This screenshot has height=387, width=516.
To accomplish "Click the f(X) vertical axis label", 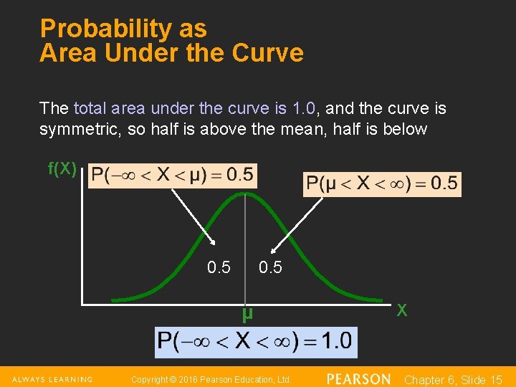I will [x=62, y=169].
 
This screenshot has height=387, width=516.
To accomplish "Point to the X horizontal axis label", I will [x=402, y=310].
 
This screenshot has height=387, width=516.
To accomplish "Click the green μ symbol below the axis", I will [x=247, y=314].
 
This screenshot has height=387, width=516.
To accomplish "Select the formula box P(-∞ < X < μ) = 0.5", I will [x=173, y=175].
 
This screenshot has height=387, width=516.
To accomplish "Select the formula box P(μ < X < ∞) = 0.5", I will [x=382, y=183].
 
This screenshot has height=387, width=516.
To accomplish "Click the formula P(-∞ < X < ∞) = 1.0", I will [x=256, y=340].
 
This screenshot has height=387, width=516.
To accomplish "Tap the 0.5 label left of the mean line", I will [x=219, y=268].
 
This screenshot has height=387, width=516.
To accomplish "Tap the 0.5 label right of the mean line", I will [x=270, y=268].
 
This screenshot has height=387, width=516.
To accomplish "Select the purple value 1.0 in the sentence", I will [x=305, y=109].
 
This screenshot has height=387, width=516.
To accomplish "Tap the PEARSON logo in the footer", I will [x=358, y=378].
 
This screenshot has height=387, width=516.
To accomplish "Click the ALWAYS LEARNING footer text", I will [x=52, y=379].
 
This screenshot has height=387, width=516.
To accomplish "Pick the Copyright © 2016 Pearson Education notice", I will [x=211, y=379].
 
